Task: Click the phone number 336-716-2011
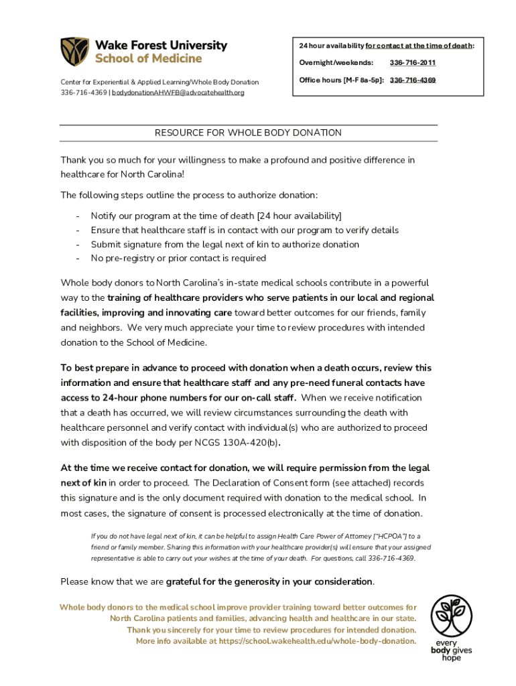click(413, 63)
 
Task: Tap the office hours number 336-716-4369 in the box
click(413, 80)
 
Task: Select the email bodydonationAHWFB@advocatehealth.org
click(178, 92)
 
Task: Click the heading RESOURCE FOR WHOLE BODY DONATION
click(249, 133)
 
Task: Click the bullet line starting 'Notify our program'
click(216, 215)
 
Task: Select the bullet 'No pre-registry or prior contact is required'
click(178, 258)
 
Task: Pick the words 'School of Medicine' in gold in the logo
click(148, 58)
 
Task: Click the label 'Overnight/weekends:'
click(336, 63)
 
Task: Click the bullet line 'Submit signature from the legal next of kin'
click(224, 244)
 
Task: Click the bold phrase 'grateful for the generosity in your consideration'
click(269, 581)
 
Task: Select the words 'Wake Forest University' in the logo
click(161, 45)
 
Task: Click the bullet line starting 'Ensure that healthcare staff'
click(245, 230)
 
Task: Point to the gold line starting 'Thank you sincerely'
click(271, 630)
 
